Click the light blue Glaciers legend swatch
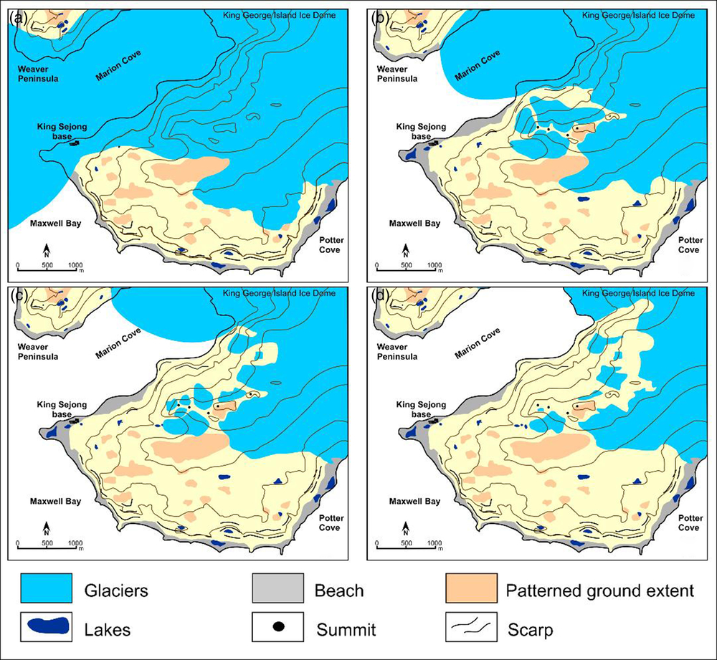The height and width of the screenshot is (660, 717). click(x=47, y=590)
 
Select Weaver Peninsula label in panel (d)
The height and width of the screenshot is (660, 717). click(x=397, y=351)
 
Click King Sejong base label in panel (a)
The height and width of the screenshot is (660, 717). click(x=62, y=132)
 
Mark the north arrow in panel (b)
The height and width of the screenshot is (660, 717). click(x=405, y=251)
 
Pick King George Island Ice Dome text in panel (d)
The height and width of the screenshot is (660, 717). click(x=637, y=293)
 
